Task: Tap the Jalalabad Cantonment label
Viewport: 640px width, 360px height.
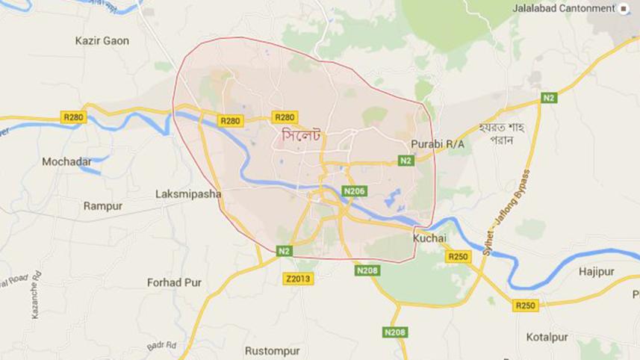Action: point(564,8)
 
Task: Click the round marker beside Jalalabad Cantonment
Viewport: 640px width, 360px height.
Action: point(624,8)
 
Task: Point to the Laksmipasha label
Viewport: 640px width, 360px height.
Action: point(188,193)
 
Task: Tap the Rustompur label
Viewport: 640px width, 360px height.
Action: point(272,350)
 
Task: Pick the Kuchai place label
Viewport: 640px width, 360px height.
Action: point(429,238)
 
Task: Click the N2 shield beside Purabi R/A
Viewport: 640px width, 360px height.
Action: point(406,161)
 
